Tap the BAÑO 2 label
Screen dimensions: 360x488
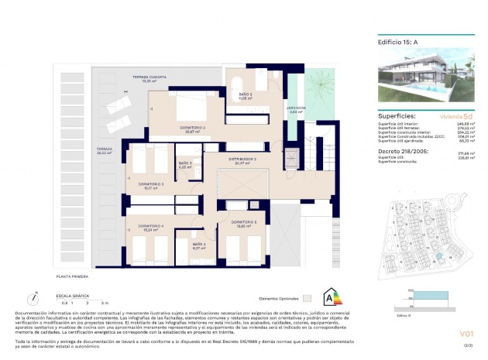pos(246,94)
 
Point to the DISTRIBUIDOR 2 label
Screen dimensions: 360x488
pos(242,159)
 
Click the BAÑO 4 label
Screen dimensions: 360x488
pos(199,245)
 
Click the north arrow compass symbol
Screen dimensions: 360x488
pos(34,297)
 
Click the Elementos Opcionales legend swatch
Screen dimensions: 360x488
pos(308,297)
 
